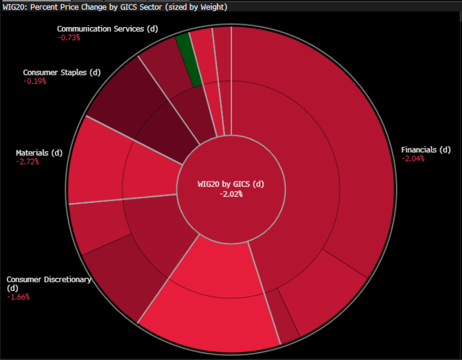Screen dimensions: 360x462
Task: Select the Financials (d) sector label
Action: tap(426, 150)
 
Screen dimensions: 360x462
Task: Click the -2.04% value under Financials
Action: tap(413, 159)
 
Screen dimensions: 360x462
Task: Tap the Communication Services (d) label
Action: tap(100, 28)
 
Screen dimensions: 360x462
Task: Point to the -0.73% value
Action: tap(69, 37)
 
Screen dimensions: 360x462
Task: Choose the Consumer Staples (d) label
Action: tap(61, 73)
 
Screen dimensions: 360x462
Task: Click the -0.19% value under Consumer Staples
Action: tap(35, 81)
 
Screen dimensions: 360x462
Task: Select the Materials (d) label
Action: tap(39, 153)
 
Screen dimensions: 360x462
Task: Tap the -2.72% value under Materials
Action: tap(28, 162)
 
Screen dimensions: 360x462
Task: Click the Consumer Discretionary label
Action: tap(49, 279)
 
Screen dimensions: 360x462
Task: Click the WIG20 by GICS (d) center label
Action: tap(231, 184)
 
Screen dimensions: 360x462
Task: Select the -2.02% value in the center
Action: tap(231, 194)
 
